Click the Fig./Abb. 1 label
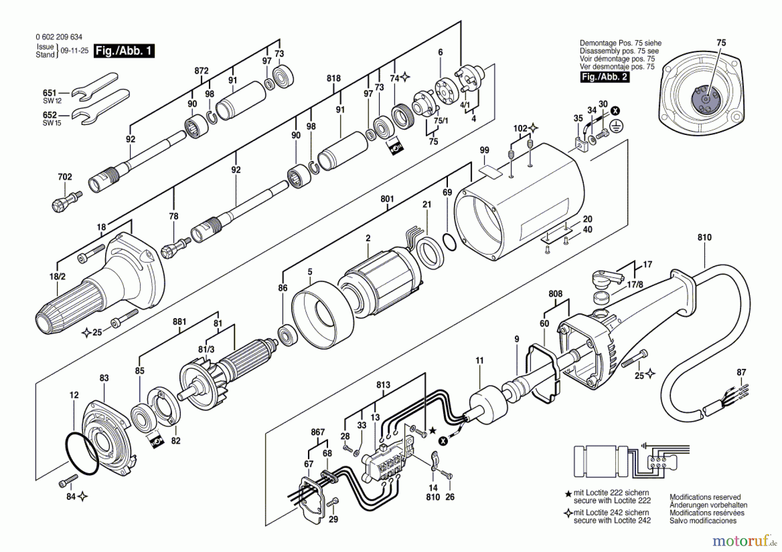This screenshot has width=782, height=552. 124,51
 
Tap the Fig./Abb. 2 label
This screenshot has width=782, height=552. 605,77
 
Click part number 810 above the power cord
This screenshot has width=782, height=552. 705,237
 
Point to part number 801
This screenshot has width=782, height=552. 387,199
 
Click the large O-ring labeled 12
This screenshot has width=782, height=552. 83,453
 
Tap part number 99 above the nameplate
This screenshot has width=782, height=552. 484,150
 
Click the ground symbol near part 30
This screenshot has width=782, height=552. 616,126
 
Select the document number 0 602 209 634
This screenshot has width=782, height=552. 59,37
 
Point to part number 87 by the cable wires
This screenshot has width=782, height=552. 741,372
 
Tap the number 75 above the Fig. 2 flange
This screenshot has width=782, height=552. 721,43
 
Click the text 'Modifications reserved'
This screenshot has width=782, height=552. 705,497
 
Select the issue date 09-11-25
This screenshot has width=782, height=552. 74,51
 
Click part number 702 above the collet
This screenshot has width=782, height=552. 65,177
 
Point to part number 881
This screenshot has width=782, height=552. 179,322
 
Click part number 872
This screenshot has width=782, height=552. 201,71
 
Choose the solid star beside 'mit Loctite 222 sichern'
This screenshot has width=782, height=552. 568,494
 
